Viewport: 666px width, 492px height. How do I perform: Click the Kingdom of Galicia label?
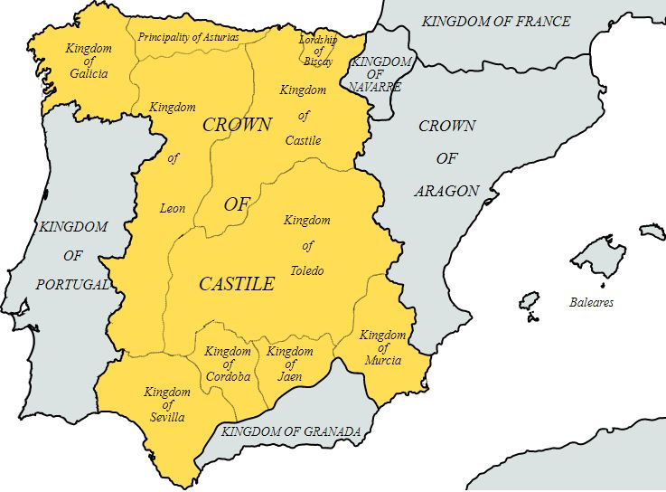pos(87,60)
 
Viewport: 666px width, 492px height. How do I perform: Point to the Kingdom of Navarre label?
pos(380,74)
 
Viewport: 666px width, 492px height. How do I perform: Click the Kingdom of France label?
pos(496,21)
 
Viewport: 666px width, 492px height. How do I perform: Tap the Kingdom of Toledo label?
pos(307,245)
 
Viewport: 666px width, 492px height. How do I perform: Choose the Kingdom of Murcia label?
pos(382,348)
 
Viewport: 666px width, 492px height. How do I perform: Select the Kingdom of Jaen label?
pos(290,364)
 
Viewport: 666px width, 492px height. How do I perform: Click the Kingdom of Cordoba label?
pos(228,364)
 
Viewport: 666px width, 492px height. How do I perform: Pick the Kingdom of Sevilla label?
pos(167,404)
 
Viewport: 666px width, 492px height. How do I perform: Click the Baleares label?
pos(591,302)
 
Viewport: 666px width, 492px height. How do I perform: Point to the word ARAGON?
pos(446,190)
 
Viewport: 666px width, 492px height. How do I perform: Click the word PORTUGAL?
pos(73,284)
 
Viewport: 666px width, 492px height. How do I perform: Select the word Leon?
pos(173,208)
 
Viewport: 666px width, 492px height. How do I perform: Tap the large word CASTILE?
pos(236,284)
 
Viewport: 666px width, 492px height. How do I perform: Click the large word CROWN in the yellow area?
pos(237,126)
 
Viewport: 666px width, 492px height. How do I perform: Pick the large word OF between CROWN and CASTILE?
pos(236,204)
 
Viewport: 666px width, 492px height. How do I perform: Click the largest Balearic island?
pos(597,255)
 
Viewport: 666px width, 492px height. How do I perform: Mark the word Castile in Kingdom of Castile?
pos(304,141)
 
